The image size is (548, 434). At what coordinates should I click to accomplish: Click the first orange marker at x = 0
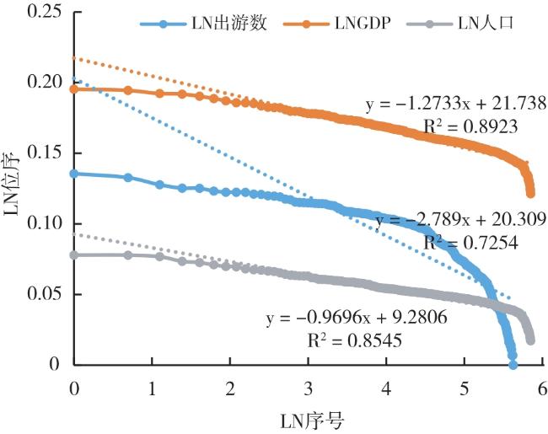tap(74, 88)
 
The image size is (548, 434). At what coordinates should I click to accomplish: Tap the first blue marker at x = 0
tap(74, 174)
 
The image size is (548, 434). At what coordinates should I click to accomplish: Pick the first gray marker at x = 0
tap(74, 255)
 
